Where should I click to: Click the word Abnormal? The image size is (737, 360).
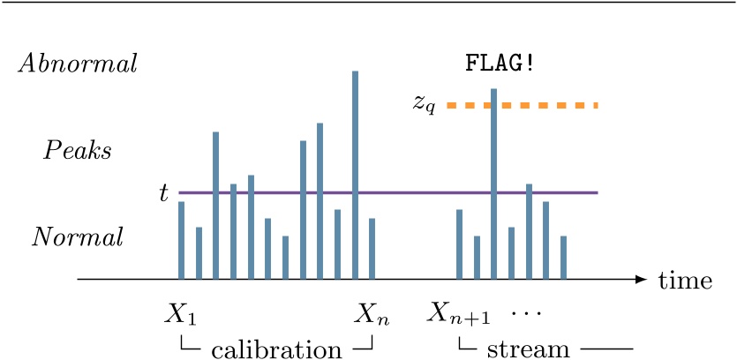click(78, 64)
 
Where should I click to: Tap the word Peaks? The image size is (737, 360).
click(78, 151)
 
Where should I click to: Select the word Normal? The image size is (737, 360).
click(78, 237)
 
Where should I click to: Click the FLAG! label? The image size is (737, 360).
click(500, 64)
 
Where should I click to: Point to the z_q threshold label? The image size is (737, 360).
click(425, 104)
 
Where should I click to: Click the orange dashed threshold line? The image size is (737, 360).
click(547, 106)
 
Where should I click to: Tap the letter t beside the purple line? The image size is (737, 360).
click(163, 193)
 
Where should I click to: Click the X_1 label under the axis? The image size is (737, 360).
click(180, 313)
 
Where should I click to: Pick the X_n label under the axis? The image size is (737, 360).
click(372, 313)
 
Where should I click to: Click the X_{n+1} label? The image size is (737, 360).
click(459, 313)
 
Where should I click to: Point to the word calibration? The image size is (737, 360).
click(276, 349)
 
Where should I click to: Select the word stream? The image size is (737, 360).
click(528, 349)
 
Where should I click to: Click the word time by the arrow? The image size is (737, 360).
click(685, 281)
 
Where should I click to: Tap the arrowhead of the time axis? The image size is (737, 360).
click(642, 280)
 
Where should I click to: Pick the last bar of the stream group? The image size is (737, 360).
click(563, 257)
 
